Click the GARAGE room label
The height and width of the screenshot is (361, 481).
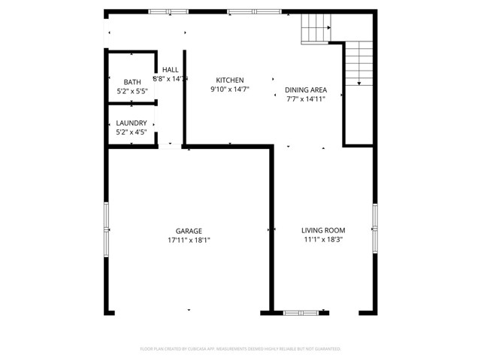coord(189,231)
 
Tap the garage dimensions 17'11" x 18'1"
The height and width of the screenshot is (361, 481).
coord(189,241)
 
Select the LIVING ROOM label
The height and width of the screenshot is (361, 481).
coord(322,231)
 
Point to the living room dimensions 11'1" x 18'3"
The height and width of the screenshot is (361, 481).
coord(322,241)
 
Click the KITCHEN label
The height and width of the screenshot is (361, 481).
coord(229,80)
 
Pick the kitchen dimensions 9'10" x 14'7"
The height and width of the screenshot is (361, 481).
coord(229,89)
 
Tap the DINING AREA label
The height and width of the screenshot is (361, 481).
coord(304,89)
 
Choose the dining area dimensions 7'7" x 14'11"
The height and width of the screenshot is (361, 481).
coord(304,99)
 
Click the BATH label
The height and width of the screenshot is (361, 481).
coord(132,82)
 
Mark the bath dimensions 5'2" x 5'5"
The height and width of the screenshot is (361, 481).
coord(132,92)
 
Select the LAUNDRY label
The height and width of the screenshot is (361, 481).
coord(132,123)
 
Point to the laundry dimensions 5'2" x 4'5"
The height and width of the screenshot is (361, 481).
coord(132,132)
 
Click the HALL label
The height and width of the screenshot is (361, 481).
coord(170,69)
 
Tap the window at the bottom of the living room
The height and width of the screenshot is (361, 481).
coord(306,311)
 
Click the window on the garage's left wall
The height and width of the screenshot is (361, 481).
coord(107,219)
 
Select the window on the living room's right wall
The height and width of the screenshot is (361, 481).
coord(374,219)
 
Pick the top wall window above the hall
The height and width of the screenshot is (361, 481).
coord(168,11)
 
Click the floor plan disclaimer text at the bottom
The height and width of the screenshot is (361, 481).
coord(240,349)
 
